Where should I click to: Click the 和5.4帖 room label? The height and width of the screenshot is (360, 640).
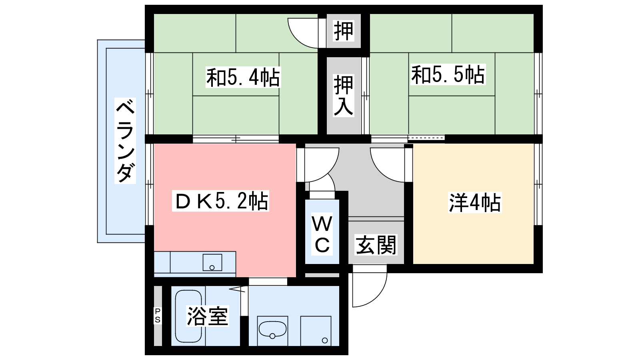243,77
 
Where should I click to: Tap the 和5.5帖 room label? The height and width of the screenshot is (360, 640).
448,74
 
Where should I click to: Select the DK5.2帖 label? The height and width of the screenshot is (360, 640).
220,201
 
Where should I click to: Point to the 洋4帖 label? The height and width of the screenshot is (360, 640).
475,202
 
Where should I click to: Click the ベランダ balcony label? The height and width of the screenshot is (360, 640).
125,140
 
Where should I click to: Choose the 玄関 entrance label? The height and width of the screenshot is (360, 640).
376,245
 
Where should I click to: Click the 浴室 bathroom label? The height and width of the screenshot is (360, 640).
208,316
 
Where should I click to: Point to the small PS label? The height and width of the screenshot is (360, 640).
158,316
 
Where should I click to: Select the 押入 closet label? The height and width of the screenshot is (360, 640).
344,96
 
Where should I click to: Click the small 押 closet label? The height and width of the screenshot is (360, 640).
344,30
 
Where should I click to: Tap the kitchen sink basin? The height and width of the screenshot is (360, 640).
212,262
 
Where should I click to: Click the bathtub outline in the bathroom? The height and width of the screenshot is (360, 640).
188,316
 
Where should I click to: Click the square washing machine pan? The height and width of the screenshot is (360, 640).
316,331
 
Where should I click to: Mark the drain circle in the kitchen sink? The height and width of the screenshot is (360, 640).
212,268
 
